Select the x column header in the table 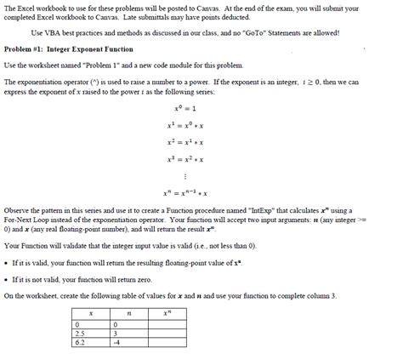pyautogui.click(x=91, y=314)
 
